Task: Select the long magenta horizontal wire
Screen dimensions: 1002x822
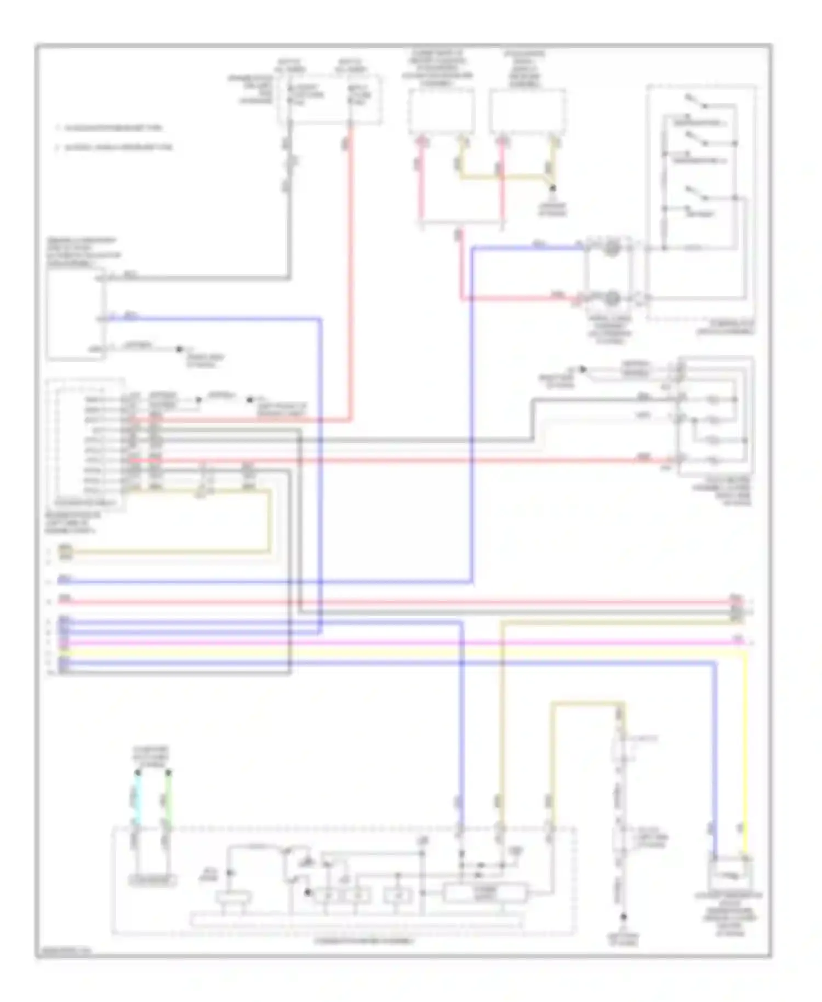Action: coord(384,642)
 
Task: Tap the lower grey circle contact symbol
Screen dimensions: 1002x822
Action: coord(612,299)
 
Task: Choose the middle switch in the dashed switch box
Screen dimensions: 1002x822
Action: coord(696,140)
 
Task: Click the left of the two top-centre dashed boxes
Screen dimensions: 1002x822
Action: coord(441,111)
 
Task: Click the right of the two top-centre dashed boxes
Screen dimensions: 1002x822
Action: coord(527,111)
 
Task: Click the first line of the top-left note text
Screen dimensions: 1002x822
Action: coord(110,128)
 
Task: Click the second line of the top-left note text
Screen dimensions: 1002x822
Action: coord(115,147)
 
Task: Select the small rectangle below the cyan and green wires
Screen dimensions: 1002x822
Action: coord(152,881)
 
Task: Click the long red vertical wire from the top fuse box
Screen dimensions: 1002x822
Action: coord(350,274)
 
